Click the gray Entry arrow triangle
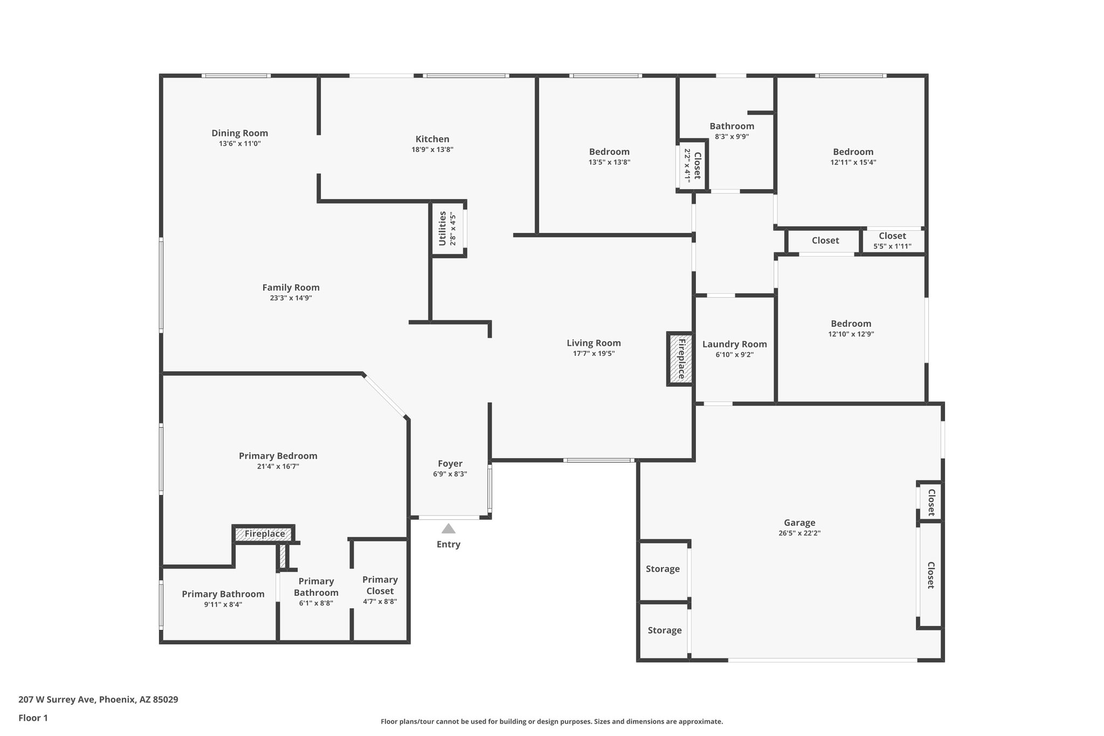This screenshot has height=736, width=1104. (x=448, y=528)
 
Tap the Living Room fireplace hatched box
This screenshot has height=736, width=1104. (x=681, y=359)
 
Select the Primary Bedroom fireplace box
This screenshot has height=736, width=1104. (x=264, y=534)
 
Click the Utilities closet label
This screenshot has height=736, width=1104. (x=443, y=228)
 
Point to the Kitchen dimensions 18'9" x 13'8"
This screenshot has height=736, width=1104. (x=432, y=150)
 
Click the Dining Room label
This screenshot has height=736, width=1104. (x=239, y=133)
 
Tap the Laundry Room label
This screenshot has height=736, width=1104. (x=734, y=344)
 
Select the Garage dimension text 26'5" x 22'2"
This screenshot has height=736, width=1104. (x=799, y=533)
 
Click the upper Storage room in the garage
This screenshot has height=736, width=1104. (x=663, y=569)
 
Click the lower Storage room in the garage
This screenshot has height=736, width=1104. (x=664, y=630)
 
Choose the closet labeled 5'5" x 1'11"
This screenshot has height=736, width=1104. (x=892, y=240)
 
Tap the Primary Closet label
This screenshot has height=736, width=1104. (x=379, y=584)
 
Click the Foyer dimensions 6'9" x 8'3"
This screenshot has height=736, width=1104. (x=450, y=474)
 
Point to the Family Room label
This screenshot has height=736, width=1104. (x=291, y=287)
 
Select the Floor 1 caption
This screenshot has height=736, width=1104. (x=33, y=718)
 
